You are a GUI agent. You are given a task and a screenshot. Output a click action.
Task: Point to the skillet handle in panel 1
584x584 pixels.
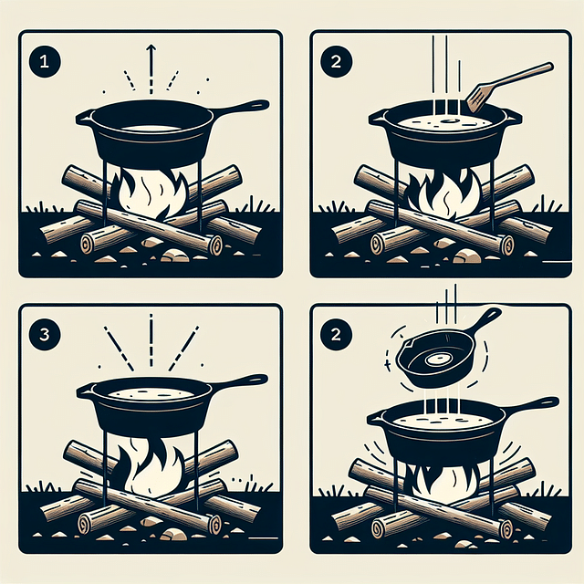(x=241, y=108)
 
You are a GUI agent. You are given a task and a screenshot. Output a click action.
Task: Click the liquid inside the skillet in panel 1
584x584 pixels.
(x=151, y=126)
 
